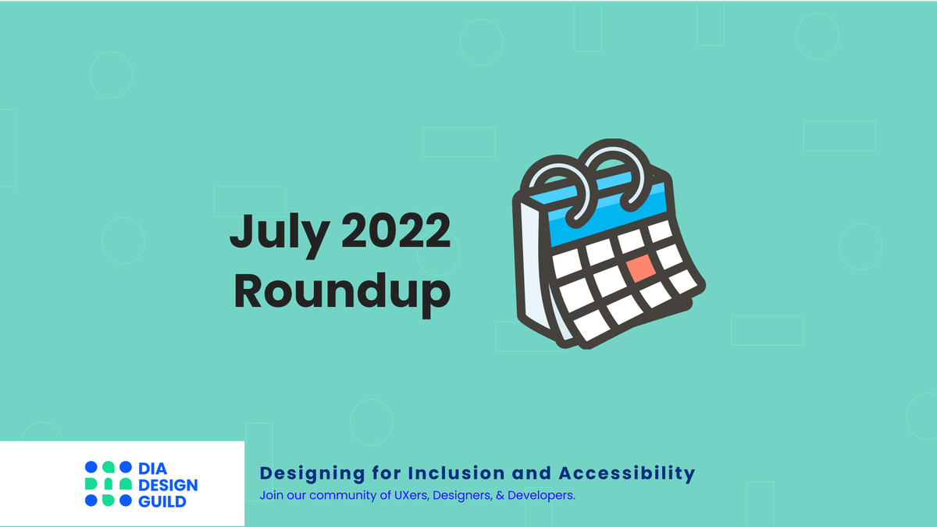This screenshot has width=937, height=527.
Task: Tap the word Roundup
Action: [342, 290]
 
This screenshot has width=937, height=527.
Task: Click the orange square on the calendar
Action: [641, 269]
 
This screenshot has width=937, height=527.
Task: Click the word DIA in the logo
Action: [153, 469]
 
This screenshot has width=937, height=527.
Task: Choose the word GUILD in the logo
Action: [162, 501]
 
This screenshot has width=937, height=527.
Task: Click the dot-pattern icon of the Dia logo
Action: [109, 484]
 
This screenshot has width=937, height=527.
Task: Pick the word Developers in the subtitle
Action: [542, 496]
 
